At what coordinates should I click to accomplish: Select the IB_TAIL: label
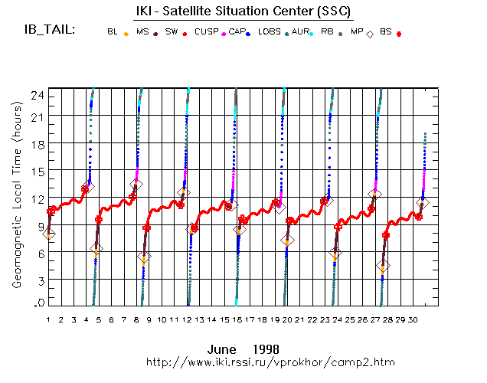[x=50, y=30]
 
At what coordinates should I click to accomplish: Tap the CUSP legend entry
[x=206, y=32]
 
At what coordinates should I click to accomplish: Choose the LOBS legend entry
[x=270, y=32]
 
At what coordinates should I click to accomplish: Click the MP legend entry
[x=357, y=32]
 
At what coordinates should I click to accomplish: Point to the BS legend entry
[x=385, y=32]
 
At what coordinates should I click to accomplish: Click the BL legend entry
[x=113, y=32]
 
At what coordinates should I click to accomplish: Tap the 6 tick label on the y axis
[x=39, y=254]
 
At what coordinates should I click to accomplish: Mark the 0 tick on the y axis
[x=39, y=304]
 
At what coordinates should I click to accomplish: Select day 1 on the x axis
[x=48, y=319]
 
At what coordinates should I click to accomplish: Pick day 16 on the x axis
[x=237, y=319]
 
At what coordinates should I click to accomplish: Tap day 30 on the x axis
[x=413, y=319]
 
